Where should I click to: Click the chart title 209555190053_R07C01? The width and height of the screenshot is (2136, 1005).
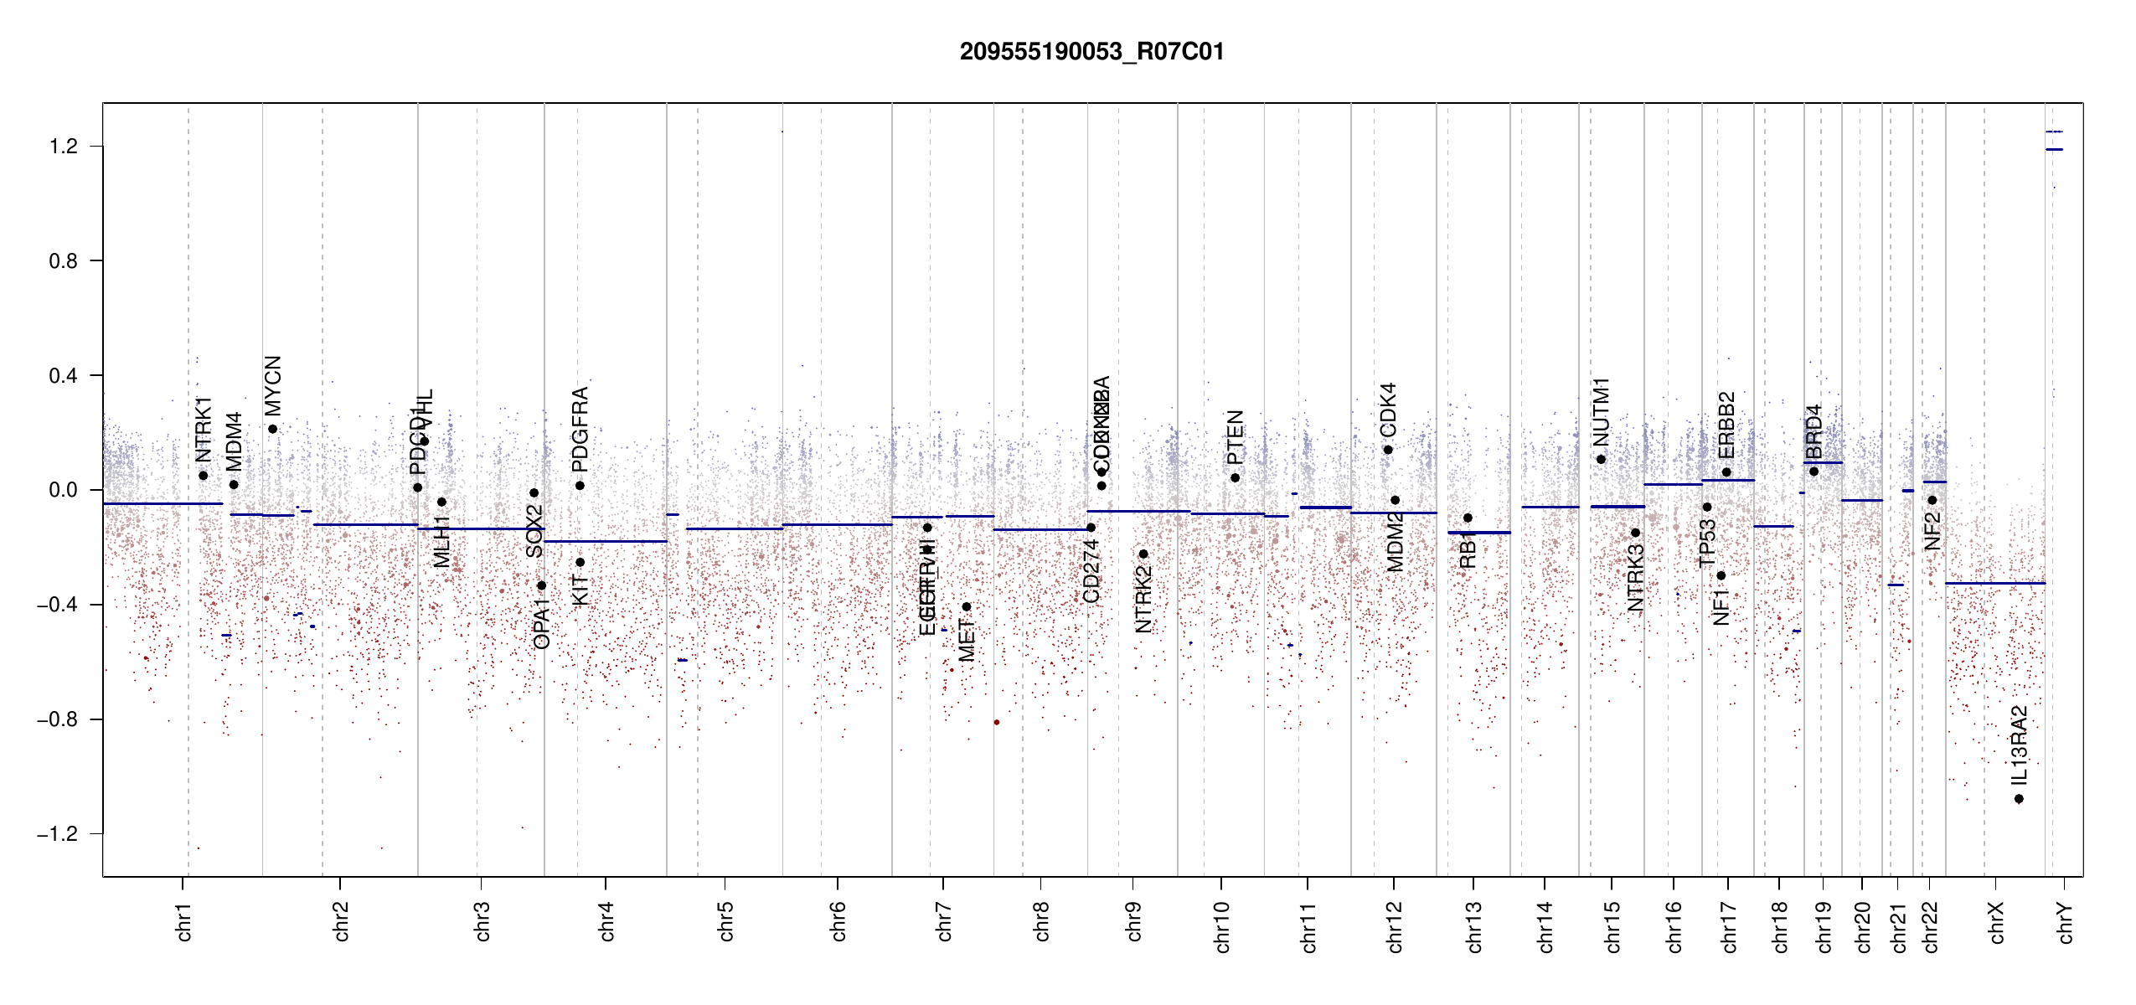tap(1091, 52)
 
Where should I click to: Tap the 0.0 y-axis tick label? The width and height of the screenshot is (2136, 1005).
tap(63, 490)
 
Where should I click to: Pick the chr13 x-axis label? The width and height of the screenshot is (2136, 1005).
tap(1474, 926)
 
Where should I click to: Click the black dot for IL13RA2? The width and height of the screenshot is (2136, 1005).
tap(2019, 799)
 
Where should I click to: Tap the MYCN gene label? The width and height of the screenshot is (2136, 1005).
tap(273, 385)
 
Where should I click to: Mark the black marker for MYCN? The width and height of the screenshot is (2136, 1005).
tap(272, 430)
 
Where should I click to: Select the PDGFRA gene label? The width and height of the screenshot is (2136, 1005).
tap(580, 429)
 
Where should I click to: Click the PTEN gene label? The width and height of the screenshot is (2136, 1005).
tap(1236, 437)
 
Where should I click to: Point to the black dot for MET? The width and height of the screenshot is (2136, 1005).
tap(967, 607)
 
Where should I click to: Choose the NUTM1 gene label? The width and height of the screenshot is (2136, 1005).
tap(1601, 412)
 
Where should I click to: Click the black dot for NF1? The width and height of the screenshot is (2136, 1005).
tap(1721, 576)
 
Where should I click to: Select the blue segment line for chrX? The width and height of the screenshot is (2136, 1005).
tap(1994, 583)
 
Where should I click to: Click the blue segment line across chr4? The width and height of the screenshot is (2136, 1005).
tap(605, 541)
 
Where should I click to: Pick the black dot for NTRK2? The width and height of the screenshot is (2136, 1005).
tap(1143, 554)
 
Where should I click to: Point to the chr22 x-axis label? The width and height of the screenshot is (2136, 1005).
tap(1931, 926)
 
